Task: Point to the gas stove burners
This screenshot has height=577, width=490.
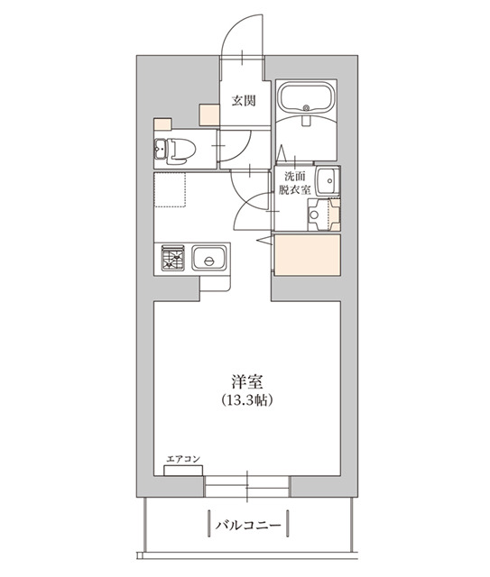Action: (172, 260)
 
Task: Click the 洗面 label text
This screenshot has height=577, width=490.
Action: (294, 177)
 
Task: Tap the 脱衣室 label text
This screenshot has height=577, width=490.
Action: (294, 191)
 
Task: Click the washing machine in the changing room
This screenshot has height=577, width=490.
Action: (322, 214)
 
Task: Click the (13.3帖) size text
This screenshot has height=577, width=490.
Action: (245, 399)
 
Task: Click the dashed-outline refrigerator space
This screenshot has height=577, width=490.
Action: (169, 190)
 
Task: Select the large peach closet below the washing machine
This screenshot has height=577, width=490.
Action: (307, 254)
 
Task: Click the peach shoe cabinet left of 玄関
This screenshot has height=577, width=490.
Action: (209, 115)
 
